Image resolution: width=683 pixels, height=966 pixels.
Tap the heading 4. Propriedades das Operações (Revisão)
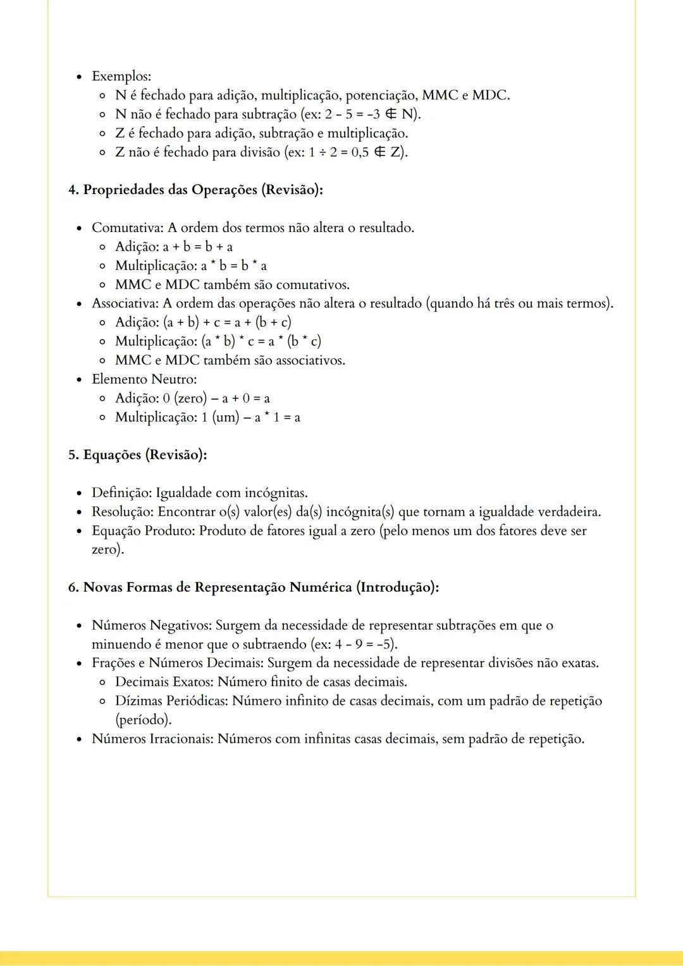tap(195, 190)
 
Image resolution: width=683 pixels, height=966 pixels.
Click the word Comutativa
tap(127, 228)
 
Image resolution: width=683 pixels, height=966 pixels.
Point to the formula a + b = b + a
tap(198, 247)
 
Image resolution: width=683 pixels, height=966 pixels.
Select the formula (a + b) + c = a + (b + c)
tap(228, 322)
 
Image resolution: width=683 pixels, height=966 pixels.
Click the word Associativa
tap(125, 303)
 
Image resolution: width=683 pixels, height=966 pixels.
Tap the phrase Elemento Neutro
tap(144, 379)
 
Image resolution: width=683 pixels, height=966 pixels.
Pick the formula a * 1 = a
tap(278, 417)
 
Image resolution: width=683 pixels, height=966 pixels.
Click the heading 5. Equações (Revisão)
tap(137, 455)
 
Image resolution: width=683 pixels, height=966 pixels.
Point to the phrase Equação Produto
tap(142, 531)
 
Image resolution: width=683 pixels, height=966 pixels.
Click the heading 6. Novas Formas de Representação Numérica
tap(253, 587)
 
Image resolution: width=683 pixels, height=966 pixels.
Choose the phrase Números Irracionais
tap(152, 739)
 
